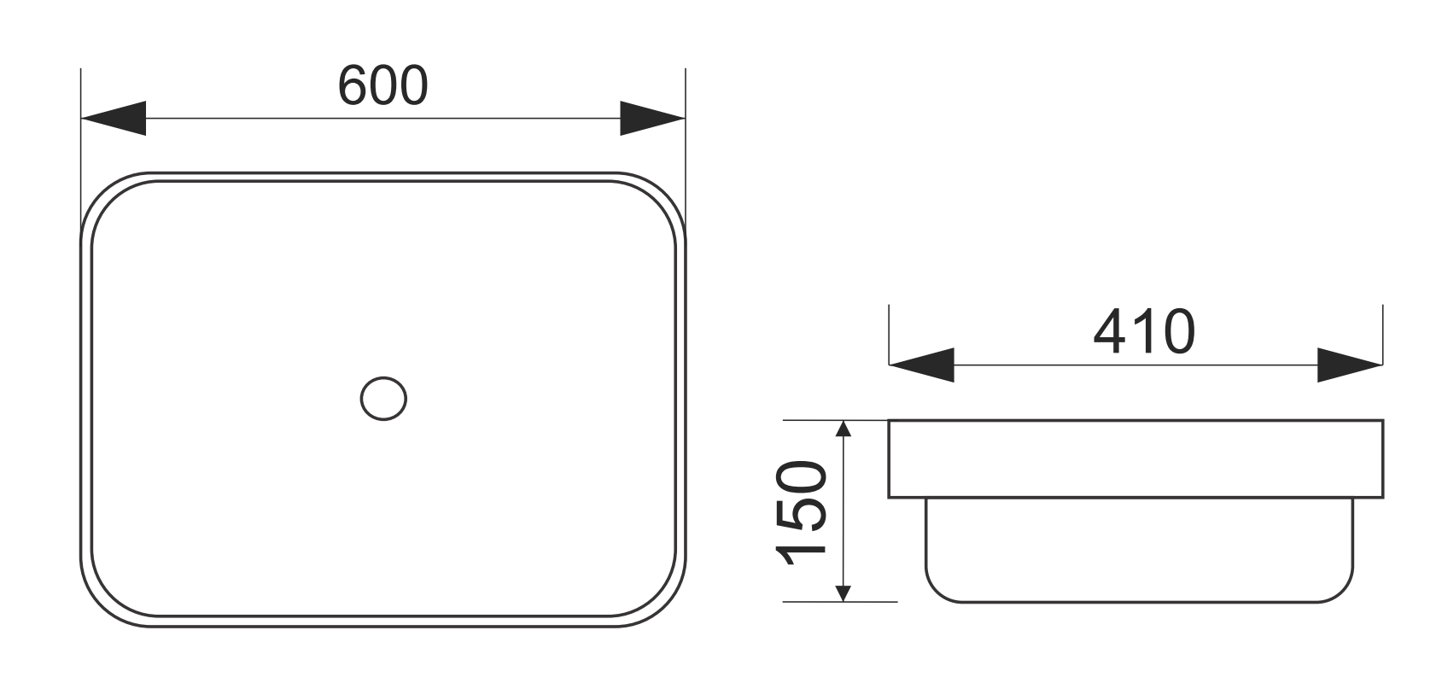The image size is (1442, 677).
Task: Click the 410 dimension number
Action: pyautogui.click(x=1144, y=333)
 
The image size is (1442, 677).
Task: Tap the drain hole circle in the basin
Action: pyautogui.click(x=383, y=398)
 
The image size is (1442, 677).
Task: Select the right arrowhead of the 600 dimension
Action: pyautogui.click(x=652, y=118)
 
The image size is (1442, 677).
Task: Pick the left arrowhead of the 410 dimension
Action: pyautogui.click(x=921, y=365)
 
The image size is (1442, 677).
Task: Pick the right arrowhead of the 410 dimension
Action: pyautogui.click(x=1349, y=365)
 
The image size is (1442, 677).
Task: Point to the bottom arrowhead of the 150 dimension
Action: pyautogui.click(x=844, y=592)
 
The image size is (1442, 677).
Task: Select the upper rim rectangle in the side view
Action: pyautogui.click(x=1136, y=458)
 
